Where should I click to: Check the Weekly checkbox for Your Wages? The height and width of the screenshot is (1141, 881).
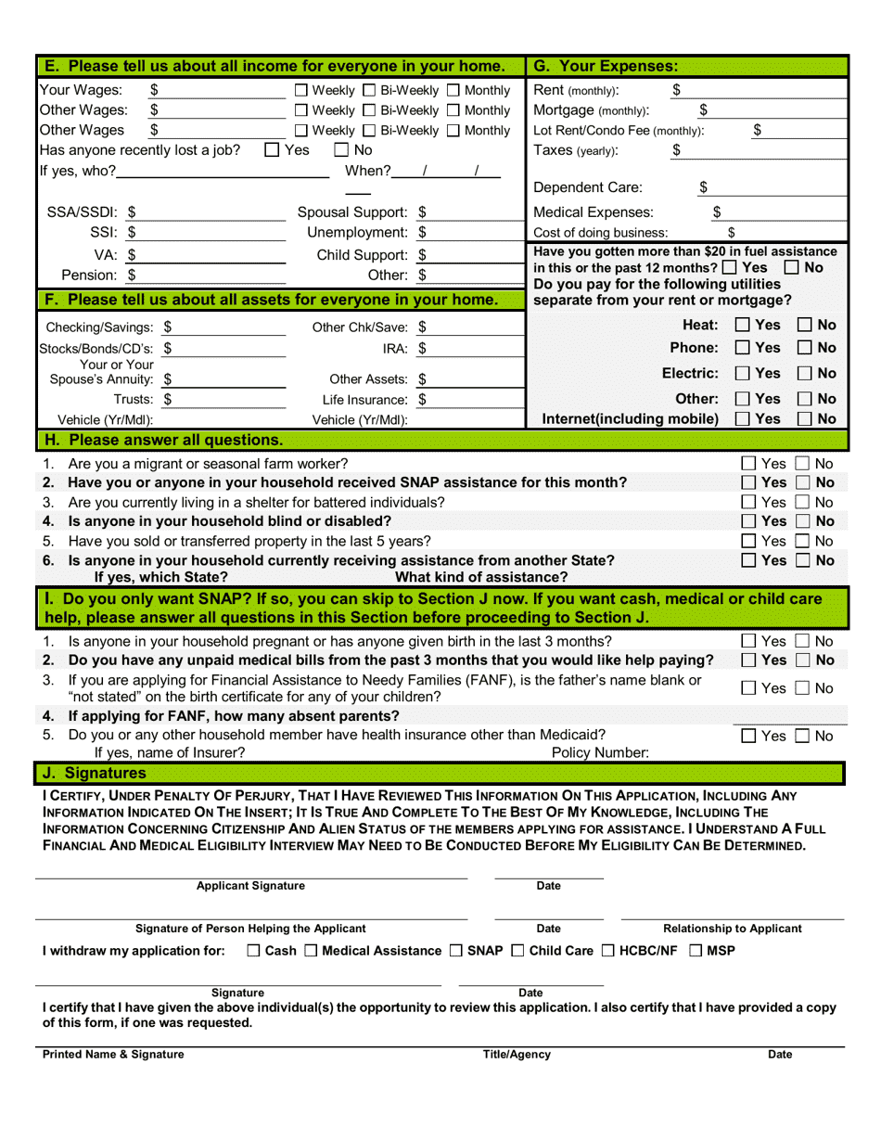[301, 91]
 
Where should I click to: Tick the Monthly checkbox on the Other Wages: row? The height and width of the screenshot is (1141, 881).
[453, 110]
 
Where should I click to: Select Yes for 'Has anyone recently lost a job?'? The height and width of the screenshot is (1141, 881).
[272, 150]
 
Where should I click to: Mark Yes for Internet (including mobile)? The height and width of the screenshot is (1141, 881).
[744, 419]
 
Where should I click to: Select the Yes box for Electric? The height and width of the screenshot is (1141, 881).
[744, 374]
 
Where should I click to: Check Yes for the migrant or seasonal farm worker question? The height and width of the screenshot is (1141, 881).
[748, 464]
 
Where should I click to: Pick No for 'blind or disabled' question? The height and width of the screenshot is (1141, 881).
[802, 520]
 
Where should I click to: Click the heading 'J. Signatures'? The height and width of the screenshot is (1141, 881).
[95, 773]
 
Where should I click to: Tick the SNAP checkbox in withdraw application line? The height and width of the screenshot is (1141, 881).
[456, 951]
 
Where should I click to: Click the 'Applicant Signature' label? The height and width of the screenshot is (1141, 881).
[250, 887]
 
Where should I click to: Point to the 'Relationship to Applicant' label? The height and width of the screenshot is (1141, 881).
[733, 929]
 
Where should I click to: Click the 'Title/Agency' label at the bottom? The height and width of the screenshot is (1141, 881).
[517, 1055]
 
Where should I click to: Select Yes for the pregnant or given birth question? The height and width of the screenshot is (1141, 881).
[748, 642]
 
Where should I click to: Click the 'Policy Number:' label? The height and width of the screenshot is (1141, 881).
[600, 753]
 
